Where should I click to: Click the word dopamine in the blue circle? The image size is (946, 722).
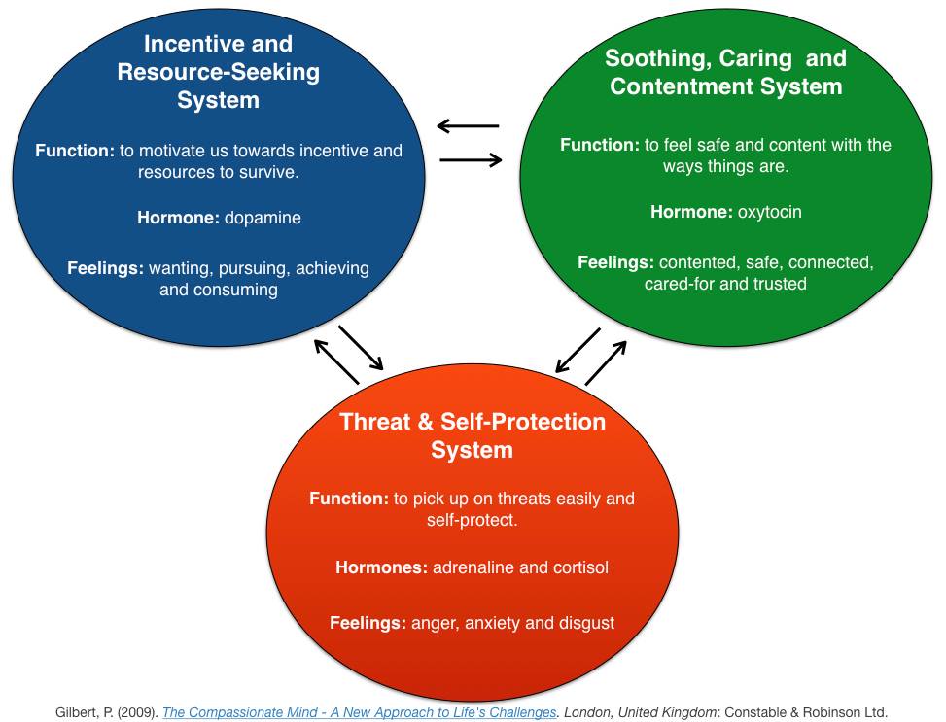click(x=263, y=218)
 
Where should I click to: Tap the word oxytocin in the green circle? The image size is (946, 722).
click(x=769, y=212)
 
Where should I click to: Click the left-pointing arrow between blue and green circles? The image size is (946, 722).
click(x=469, y=126)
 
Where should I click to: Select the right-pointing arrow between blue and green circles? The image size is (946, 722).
click(x=471, y=159)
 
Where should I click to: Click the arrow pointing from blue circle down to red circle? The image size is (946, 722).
click(x=361, y=348)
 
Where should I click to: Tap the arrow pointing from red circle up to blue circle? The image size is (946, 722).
click(x=336, y=361)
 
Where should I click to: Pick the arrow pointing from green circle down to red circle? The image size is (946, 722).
click(x=578, y=350)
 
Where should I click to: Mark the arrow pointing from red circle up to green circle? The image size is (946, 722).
click(x=606, y=362)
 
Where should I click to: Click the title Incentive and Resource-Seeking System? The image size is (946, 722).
click(x=219, y=72)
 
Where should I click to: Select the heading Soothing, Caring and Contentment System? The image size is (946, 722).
click(x=726, y=72)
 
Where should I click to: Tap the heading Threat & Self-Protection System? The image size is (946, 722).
click(x=473, y=435)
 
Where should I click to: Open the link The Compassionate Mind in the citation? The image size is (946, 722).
click(x=360, y=712)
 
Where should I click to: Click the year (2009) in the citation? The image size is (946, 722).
click(x=138, y=712)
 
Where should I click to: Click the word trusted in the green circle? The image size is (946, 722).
click(x=780, y=284)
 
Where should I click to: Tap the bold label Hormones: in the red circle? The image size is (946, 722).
click(x=381, y=567)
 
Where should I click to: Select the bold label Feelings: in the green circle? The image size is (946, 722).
click(x=615, y=262)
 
